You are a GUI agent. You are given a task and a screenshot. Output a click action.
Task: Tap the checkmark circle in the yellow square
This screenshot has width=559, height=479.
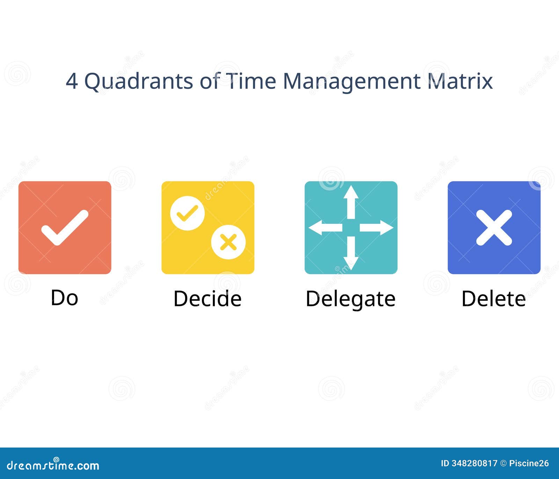187,213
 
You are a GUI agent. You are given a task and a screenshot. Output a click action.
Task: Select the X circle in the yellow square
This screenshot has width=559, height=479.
228,242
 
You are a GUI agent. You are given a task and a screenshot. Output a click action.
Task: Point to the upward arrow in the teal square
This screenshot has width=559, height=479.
351,202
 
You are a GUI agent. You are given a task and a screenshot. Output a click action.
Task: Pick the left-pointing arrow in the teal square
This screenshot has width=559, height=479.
326,228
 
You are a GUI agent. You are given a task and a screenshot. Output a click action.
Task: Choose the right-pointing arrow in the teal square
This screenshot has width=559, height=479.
377,228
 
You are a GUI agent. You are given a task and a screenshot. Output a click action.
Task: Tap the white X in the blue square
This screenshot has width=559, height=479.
494,228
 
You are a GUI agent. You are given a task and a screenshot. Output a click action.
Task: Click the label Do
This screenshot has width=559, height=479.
64,298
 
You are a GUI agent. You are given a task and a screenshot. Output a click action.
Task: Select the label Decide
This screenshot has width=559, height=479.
208,299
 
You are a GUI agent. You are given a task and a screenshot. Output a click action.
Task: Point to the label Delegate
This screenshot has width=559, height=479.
350,300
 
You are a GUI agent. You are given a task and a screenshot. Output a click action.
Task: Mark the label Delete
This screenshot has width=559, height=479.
494,299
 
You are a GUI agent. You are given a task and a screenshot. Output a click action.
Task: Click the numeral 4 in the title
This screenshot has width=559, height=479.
72,81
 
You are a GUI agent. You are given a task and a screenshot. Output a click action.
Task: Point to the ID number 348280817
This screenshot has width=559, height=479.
469,463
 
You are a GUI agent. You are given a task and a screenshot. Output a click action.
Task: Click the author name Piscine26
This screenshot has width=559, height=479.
529,463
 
